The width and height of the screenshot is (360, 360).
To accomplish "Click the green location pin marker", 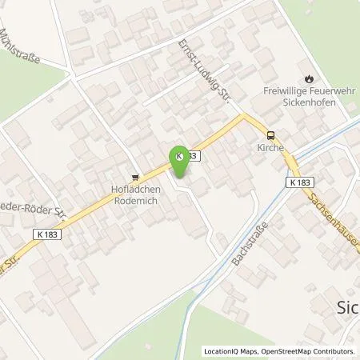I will click(x=181, y=163).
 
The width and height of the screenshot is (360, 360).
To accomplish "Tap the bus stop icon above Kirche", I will click(x=271, y=135).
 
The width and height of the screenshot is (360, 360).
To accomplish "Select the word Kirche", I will click(x=271, y=147).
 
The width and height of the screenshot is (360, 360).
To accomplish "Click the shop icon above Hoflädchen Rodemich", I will click(x=135, y=178).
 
